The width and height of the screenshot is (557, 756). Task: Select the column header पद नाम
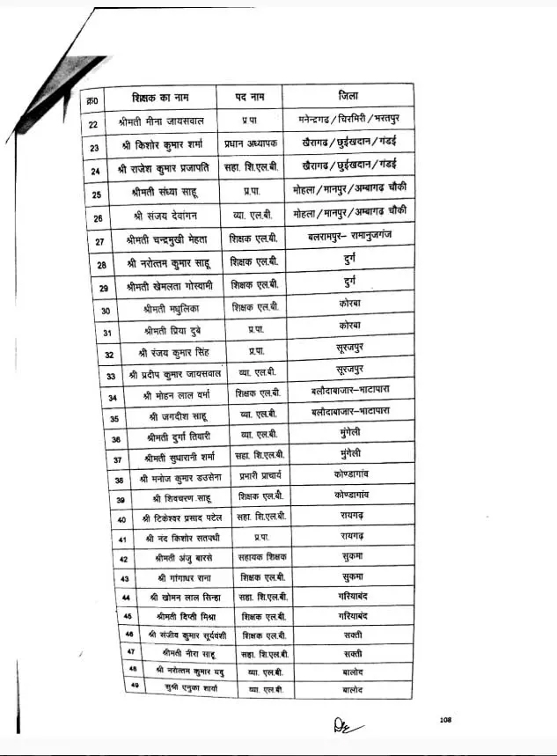pyautogui.click(x=256, y=95)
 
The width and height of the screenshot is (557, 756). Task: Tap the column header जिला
pyautogui.click(x=348, y=95)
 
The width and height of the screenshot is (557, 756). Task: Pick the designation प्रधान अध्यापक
pyautogui.click(x=257, y=143)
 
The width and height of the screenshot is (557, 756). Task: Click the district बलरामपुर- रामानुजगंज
pyautogui.click(x=347, y=238)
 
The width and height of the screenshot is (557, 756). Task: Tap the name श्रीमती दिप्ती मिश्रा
pyautogui.click(x=182, y=616)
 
